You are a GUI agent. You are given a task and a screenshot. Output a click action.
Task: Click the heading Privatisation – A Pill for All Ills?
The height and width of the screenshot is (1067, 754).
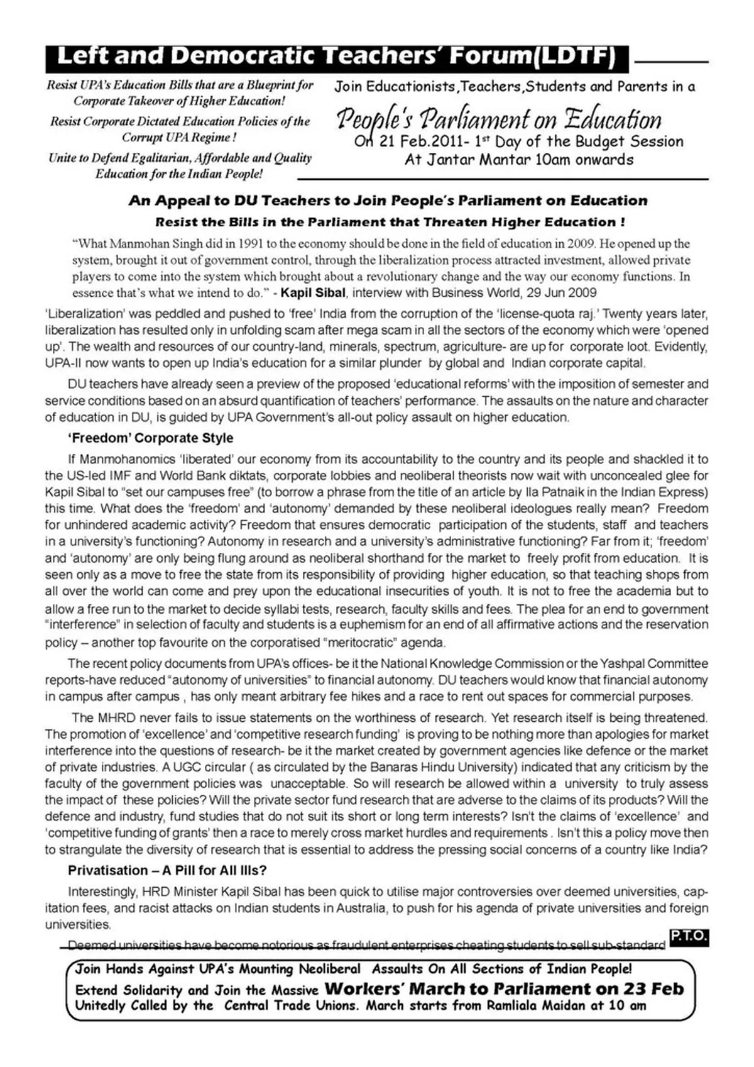[167, 871]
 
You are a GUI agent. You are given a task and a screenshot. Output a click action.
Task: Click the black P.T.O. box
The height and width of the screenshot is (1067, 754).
[689, 937]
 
